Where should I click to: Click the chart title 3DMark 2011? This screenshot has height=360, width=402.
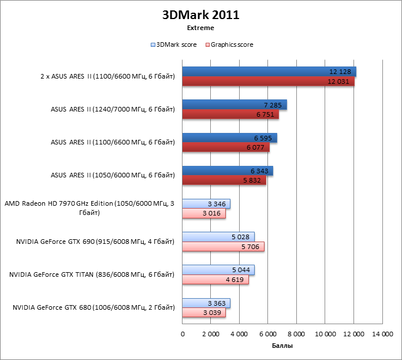pyautogui.click(x=200, y=15)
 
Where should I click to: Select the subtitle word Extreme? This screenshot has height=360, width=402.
pyautogui.click(x=200, y=27)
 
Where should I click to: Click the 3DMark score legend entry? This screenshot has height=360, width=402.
pyautogui.click(x=173, y=44)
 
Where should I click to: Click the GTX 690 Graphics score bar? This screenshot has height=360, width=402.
pyautogui.click(x=223, y=247)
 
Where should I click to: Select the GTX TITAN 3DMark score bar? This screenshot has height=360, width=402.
pyautogui.click(x=218, y=270)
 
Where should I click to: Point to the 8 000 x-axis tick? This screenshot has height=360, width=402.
pyautogui.click(x=296, y=334)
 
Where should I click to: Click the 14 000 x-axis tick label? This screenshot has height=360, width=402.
pyautogui.click(x=381, y=334)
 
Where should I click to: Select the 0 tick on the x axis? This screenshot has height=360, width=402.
pyautogui.click(x=183, y=334)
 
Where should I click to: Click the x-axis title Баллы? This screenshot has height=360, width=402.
pyautogui.click(x=282, y=346)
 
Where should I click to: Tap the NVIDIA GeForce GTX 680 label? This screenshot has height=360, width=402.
pyautogui.click(x=94, y=308)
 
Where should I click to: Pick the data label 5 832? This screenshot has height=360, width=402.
pyautogui.click(x=255, y=181)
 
